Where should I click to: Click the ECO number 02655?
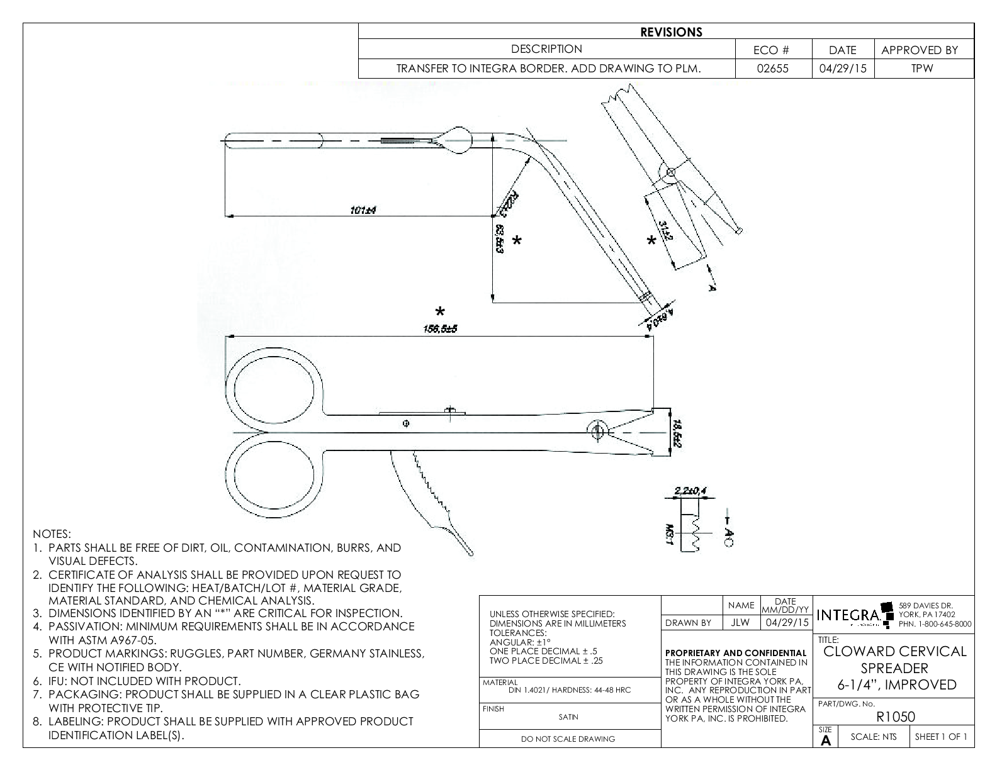click(x=774, y=69)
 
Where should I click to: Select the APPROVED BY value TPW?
click(x=923, y=69)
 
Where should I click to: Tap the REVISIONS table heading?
click(x=671, y=32)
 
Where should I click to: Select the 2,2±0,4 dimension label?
click(x=689, y=490)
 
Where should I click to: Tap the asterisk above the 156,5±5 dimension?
click(x=440, y=311)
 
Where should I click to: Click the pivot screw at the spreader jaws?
click(x=597, y=431)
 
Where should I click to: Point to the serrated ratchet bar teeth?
click(x=428, y=488)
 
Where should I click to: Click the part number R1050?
click(x=894, y=717)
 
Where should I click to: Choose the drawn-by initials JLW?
click(x=741, y=623)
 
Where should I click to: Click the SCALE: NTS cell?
click(x=873, y=737)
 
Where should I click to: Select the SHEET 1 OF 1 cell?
click(x=941, y=737)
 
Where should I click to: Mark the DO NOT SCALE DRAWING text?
click(x=568, y=739)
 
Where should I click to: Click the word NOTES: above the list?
click(x=52, y=534)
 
